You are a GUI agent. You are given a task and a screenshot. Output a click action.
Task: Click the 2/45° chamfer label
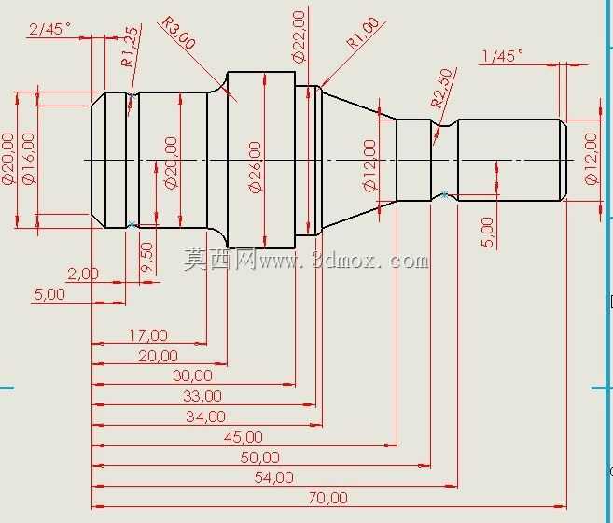click(49, 29)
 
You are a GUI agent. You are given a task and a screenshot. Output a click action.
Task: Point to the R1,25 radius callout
click(130, 47)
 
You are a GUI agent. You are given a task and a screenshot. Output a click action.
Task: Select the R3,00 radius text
click(178, 33)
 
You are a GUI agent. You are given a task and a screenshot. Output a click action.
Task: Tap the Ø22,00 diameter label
click(299, 36)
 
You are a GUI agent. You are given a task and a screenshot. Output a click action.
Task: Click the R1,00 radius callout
click(363, 33)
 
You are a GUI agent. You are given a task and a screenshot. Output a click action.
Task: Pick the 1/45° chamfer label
click(502, 56)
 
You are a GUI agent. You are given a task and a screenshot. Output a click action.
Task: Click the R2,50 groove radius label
click(441, 88)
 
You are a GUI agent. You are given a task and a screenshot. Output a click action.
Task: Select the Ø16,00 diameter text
click(29, 158)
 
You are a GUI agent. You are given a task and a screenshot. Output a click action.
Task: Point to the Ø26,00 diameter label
click(255, 167)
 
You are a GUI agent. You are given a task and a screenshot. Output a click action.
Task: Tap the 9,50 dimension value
click(147, 257)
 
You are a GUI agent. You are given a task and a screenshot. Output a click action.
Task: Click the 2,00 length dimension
click(83, 274)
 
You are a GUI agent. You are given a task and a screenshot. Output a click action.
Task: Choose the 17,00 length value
click(148, 335)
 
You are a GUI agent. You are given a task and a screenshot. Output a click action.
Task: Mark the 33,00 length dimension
click(202, 396)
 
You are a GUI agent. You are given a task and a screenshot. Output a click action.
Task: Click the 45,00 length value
click(244, 437)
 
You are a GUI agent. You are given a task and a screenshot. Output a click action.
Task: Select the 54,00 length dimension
click(273, 477)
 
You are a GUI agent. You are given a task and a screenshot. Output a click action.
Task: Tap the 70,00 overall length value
click(328, 498)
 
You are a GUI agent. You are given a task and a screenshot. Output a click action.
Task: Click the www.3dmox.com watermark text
click(343, 261)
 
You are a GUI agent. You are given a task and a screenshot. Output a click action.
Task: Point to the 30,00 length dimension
click(192, 375)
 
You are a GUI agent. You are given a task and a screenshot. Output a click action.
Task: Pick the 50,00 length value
click(260, 458)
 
